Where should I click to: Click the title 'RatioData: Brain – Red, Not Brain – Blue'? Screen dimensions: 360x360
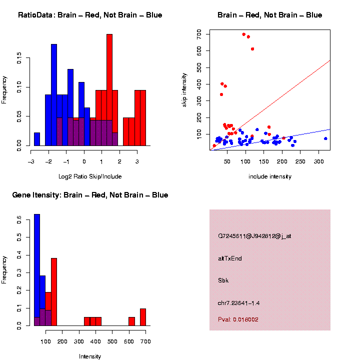click(90, 15)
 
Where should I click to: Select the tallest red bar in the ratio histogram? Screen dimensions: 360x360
click(109, 90)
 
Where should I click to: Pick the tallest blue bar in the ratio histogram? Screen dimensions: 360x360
click(54, 95)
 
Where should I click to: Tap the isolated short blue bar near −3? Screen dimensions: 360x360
click(37, 139)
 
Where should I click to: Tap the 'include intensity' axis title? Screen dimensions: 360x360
click(270, 176)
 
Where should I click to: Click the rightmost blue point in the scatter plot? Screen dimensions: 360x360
click(325, 138)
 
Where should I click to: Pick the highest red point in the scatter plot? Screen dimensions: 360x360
click(244, 34)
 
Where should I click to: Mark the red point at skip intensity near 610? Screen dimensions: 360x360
click(252, 49)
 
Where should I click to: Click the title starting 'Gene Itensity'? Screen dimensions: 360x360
click(90, 195)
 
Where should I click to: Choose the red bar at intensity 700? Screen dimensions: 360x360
click(143, 317)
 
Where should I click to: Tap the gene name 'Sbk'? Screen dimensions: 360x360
click(223, 280)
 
